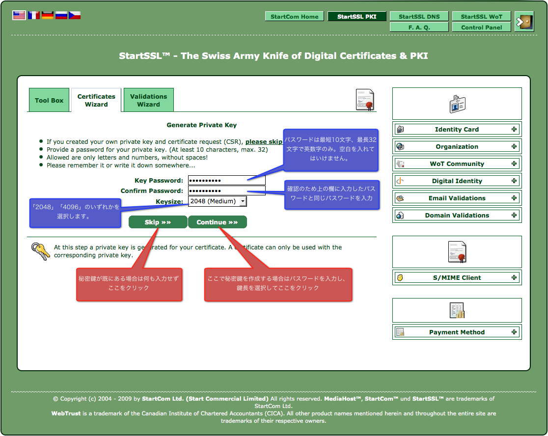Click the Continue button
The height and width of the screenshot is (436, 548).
point(218,222)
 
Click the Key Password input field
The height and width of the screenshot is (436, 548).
point(227,180)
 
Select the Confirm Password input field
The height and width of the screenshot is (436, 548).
point(227,191)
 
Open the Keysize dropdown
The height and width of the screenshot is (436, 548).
point(218,201)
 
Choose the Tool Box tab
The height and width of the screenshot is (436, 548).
point(49,100)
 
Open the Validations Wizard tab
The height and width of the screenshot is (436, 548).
point(148,100)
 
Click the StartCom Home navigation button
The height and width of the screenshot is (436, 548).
point(295,16)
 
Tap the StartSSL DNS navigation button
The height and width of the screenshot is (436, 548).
point(419,16)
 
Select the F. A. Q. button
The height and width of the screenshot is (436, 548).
point(419,27)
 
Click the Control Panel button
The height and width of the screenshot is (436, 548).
point(481,27)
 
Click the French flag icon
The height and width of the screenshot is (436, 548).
point(34,15)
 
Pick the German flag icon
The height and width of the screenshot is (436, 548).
point(48,15)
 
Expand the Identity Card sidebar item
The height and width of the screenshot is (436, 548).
point(457,129)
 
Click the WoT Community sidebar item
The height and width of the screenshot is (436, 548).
point(457,164)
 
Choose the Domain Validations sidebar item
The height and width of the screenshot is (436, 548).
point(457,215)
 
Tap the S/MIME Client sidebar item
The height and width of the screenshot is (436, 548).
point(457,278)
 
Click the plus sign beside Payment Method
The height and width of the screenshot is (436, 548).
point(514,332)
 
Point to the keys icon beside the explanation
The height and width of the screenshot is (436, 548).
point(41,251)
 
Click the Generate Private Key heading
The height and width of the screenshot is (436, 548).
point(202,125)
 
